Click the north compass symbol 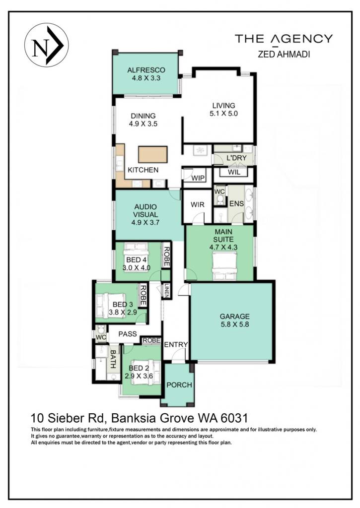coord(46,45)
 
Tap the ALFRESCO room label coord(146,70)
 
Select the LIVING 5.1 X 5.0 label coord(223,110)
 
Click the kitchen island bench coord(153,154)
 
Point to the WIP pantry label coord(198,178)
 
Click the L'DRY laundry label coord(236,158)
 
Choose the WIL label coord(234,172)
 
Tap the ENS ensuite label coord(236,203)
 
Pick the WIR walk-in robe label coord(197,204)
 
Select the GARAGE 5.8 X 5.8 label coord(235,320)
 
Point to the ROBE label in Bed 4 coord(166,256)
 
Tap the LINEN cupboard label coord(166,291)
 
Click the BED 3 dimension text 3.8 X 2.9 coord(123,313)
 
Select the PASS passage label coord(128,334)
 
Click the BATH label coord(113,359)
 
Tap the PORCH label coord(179,385)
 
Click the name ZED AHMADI coord(284,55)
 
